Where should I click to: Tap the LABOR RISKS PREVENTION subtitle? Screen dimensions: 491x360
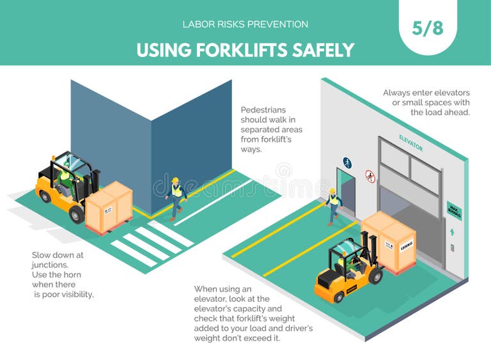click(x=245, y=24)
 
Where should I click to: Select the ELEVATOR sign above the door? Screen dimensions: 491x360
click(x=410, y=142)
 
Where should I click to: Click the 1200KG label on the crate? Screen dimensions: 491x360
click(x=406, y=245)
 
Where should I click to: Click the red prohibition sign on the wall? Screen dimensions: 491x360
click(x=370, y=176)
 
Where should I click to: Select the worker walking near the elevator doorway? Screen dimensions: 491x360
click(x=333, y=205)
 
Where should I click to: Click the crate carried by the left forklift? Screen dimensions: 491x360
click(x=109, y=207)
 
